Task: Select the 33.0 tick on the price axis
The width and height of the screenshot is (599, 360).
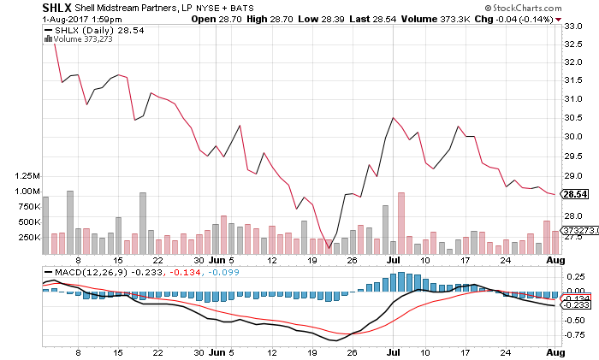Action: pos(572,26)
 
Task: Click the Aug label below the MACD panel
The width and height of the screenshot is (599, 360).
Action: pos(555,351)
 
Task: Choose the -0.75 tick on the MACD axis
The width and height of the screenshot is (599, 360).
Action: pos(574,335)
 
